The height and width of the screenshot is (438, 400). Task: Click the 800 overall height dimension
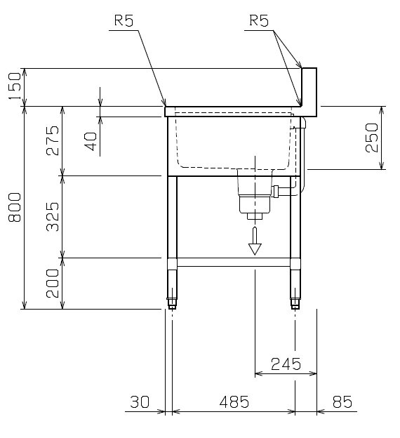coord(15,207)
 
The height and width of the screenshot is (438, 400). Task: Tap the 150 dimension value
coord(15,86)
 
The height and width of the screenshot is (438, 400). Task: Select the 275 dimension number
coord(53,140)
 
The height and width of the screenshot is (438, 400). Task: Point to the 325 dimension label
coord(53,217)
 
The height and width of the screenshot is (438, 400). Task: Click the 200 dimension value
coord(53,284)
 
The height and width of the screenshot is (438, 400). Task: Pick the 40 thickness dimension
coord(91,141)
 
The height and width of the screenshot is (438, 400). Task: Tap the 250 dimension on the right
coord(372,138)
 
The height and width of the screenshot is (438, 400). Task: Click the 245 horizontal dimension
coord(286,364)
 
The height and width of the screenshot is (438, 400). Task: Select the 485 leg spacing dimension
coord(234,401)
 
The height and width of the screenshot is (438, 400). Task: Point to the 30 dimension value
coord(140,401)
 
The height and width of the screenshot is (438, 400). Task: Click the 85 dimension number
coord(342,401)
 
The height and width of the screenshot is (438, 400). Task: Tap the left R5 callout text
coord(124,20)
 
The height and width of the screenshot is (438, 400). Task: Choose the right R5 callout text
coord(259,20)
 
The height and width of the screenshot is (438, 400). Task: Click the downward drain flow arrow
coord(255,241)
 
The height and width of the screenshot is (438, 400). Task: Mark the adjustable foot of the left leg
coord(172,303)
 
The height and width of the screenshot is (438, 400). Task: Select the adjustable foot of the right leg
coord(295,303)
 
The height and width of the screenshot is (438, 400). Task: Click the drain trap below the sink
coord(255,195)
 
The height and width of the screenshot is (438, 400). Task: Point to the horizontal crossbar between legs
coord(234,263)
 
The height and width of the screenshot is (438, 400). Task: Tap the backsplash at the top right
coord(309,92)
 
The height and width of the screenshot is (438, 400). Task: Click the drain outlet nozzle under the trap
coord(255,216)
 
